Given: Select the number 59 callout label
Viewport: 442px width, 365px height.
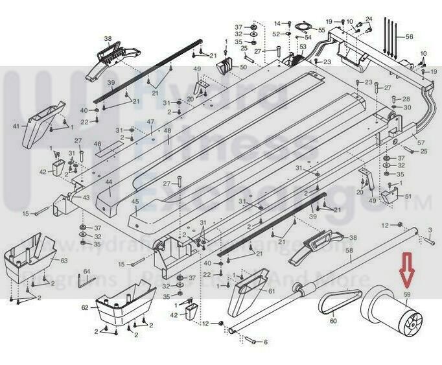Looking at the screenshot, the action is (408, 295).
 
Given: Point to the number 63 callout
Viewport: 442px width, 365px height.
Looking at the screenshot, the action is (64, 260).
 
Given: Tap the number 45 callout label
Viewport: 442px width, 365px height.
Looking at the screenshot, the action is (135, 202).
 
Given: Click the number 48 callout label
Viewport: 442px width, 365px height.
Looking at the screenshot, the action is (167, 132).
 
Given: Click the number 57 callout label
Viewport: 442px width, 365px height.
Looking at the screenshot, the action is (421, 143).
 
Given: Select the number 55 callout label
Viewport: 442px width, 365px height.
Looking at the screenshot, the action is (321, 30).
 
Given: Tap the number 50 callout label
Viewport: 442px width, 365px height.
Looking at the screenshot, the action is (244, 67).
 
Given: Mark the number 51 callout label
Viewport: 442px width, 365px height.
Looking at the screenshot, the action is (408, 196).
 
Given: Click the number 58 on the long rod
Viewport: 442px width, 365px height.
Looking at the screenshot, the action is (349, 250).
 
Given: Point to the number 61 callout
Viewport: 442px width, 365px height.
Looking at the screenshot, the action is (270, 291).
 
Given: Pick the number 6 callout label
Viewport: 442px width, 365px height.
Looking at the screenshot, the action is (264, 342).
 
